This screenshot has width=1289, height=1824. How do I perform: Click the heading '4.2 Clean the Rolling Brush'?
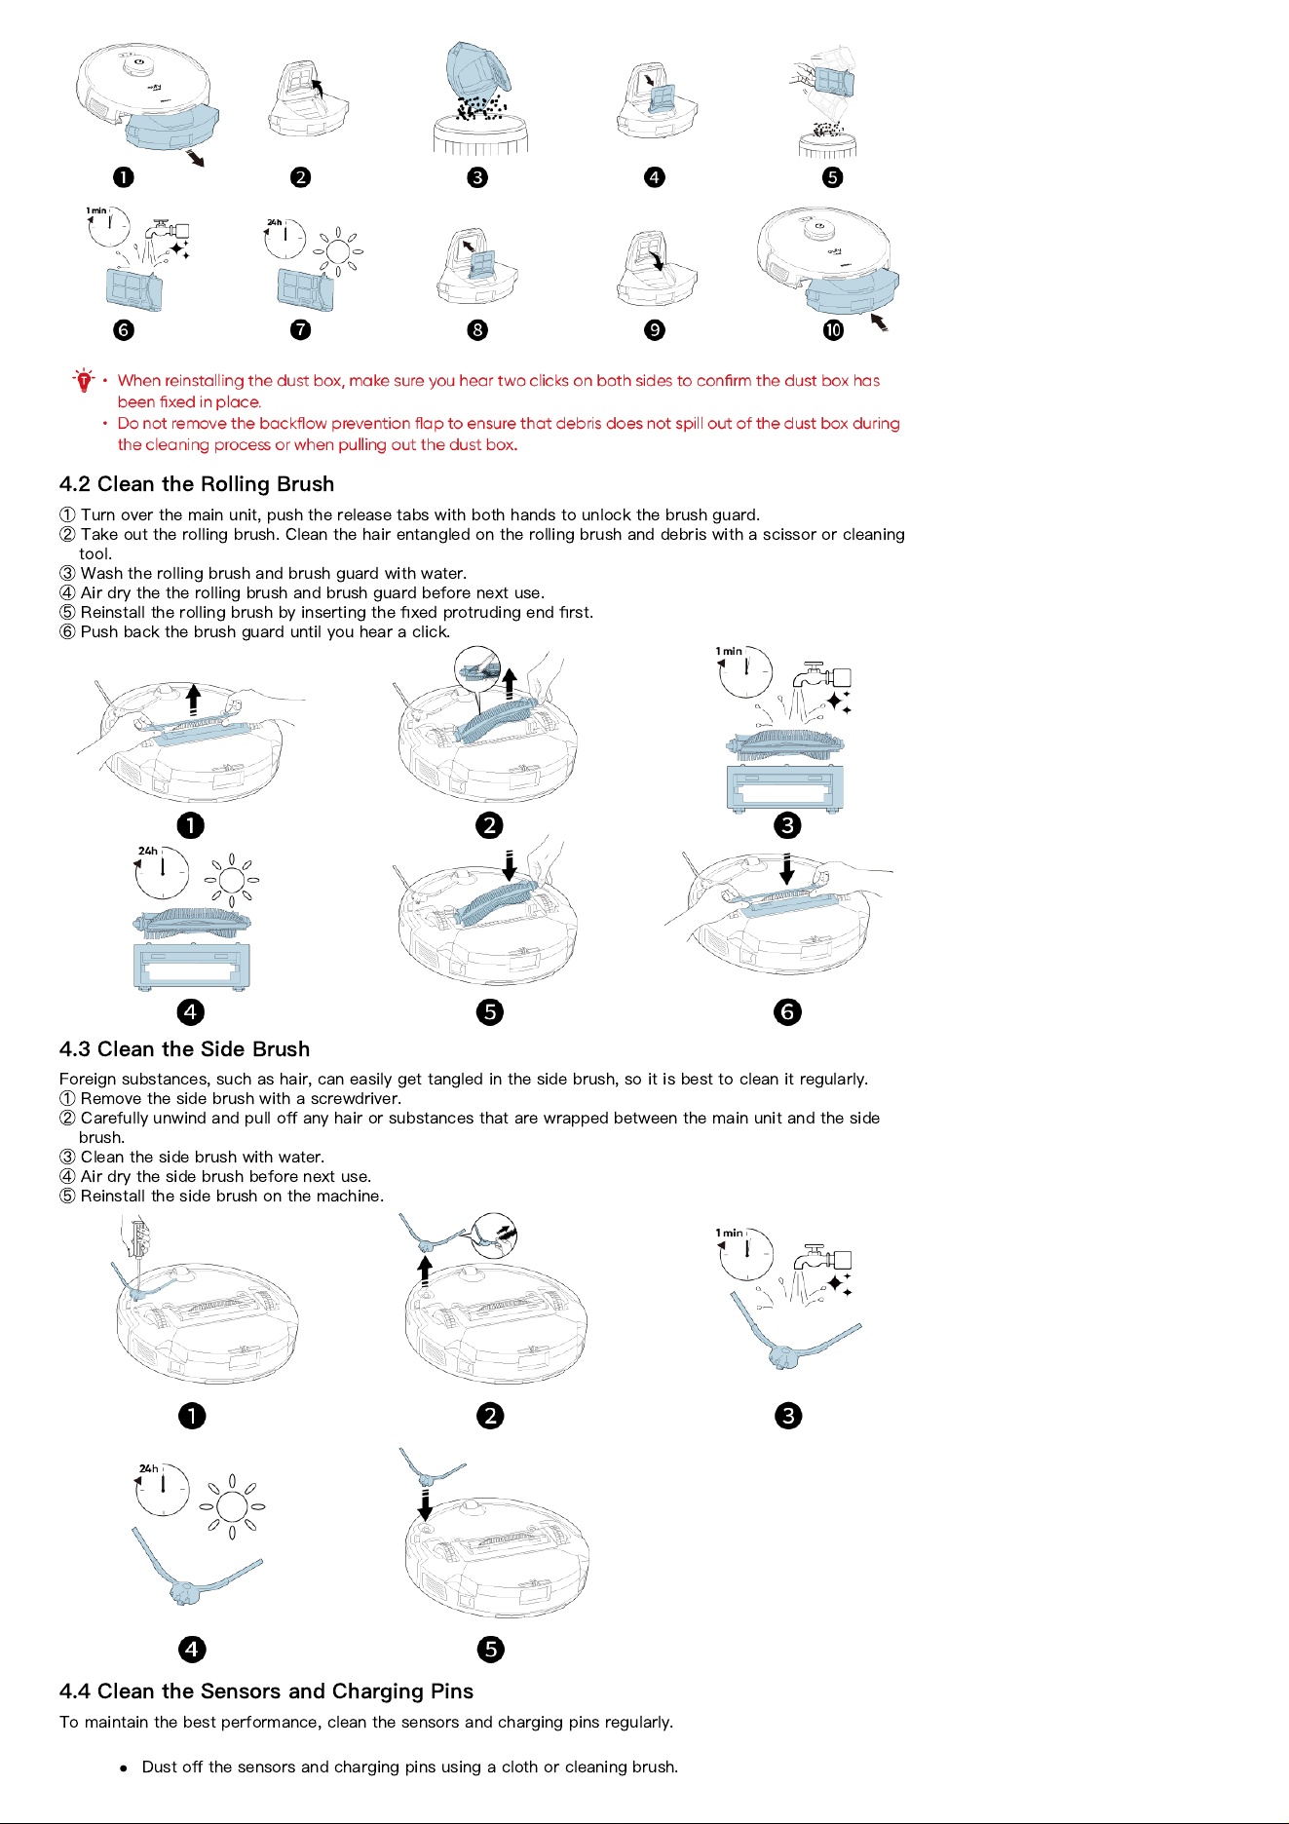[197, 484]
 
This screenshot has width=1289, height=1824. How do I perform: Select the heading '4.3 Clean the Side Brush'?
[184, 1049]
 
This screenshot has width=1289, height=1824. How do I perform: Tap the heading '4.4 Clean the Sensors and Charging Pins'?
[266, 1691]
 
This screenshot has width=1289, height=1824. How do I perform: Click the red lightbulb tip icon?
[84, 380]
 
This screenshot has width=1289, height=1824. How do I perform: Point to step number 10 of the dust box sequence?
[833, 329]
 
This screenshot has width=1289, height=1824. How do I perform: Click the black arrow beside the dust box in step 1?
[196, 157]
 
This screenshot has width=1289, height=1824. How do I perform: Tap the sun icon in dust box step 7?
[338, 251]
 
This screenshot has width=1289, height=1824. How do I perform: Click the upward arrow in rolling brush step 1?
[193, 699]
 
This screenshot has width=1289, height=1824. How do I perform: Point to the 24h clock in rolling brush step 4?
[161, 872]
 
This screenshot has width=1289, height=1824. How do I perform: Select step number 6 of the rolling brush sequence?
[787, 1012]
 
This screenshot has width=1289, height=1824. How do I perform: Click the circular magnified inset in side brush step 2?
[493, 1237]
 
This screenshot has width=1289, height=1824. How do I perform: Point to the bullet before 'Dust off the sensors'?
[124, 1767]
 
